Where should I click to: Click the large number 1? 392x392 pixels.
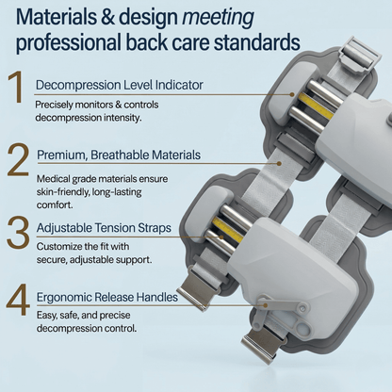[17, 87]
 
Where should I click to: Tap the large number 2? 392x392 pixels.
[18, 159]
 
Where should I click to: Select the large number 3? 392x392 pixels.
[18, 232]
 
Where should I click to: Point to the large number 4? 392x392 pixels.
[18, 300]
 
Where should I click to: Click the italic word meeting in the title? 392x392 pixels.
[218, 18]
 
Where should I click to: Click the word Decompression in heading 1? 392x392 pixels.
[78, 86]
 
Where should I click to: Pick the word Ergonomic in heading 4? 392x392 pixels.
[63, 297]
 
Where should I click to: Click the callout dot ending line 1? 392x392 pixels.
[292, 94]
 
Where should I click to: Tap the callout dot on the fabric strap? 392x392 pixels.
[279, 163]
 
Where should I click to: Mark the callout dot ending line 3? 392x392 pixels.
[221, 237]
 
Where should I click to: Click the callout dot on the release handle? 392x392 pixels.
[265, 305]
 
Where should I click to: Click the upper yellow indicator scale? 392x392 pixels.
[316, 106]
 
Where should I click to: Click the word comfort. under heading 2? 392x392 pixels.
[55, 204]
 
